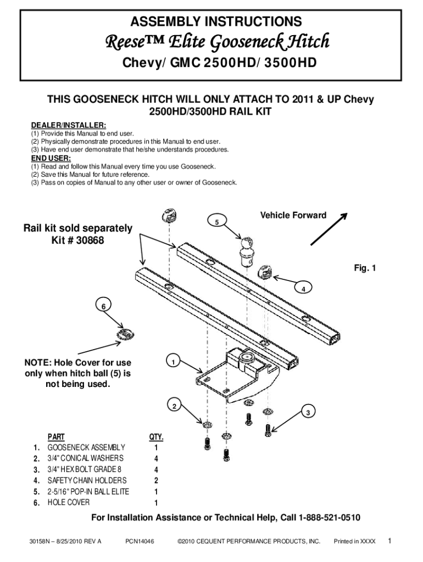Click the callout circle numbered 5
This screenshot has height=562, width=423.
tap(217, 222)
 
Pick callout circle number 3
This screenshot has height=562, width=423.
tap(309, 412)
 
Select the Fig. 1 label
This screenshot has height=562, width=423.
tap(365, 268)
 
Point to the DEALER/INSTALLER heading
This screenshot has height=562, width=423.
tap(69, 126)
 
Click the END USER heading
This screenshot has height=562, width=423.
tap(51, 159)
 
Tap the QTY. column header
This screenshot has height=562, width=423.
tap(157, 437)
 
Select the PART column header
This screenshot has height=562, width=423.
tap(56, 437)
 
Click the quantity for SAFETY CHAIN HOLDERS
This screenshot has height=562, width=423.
tap(157, 480)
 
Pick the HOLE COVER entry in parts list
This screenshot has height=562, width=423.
tap(69, 502)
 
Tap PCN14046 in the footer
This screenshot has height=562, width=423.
tap(140, 541)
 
